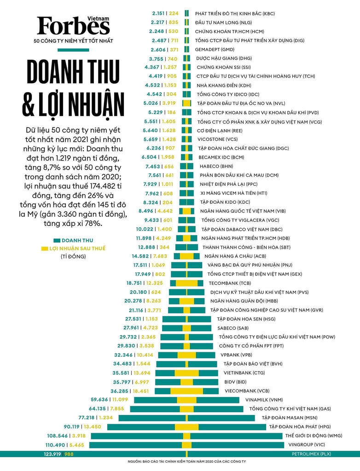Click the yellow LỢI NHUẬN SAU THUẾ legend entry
point(76,248)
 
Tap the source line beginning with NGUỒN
point(180,461)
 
